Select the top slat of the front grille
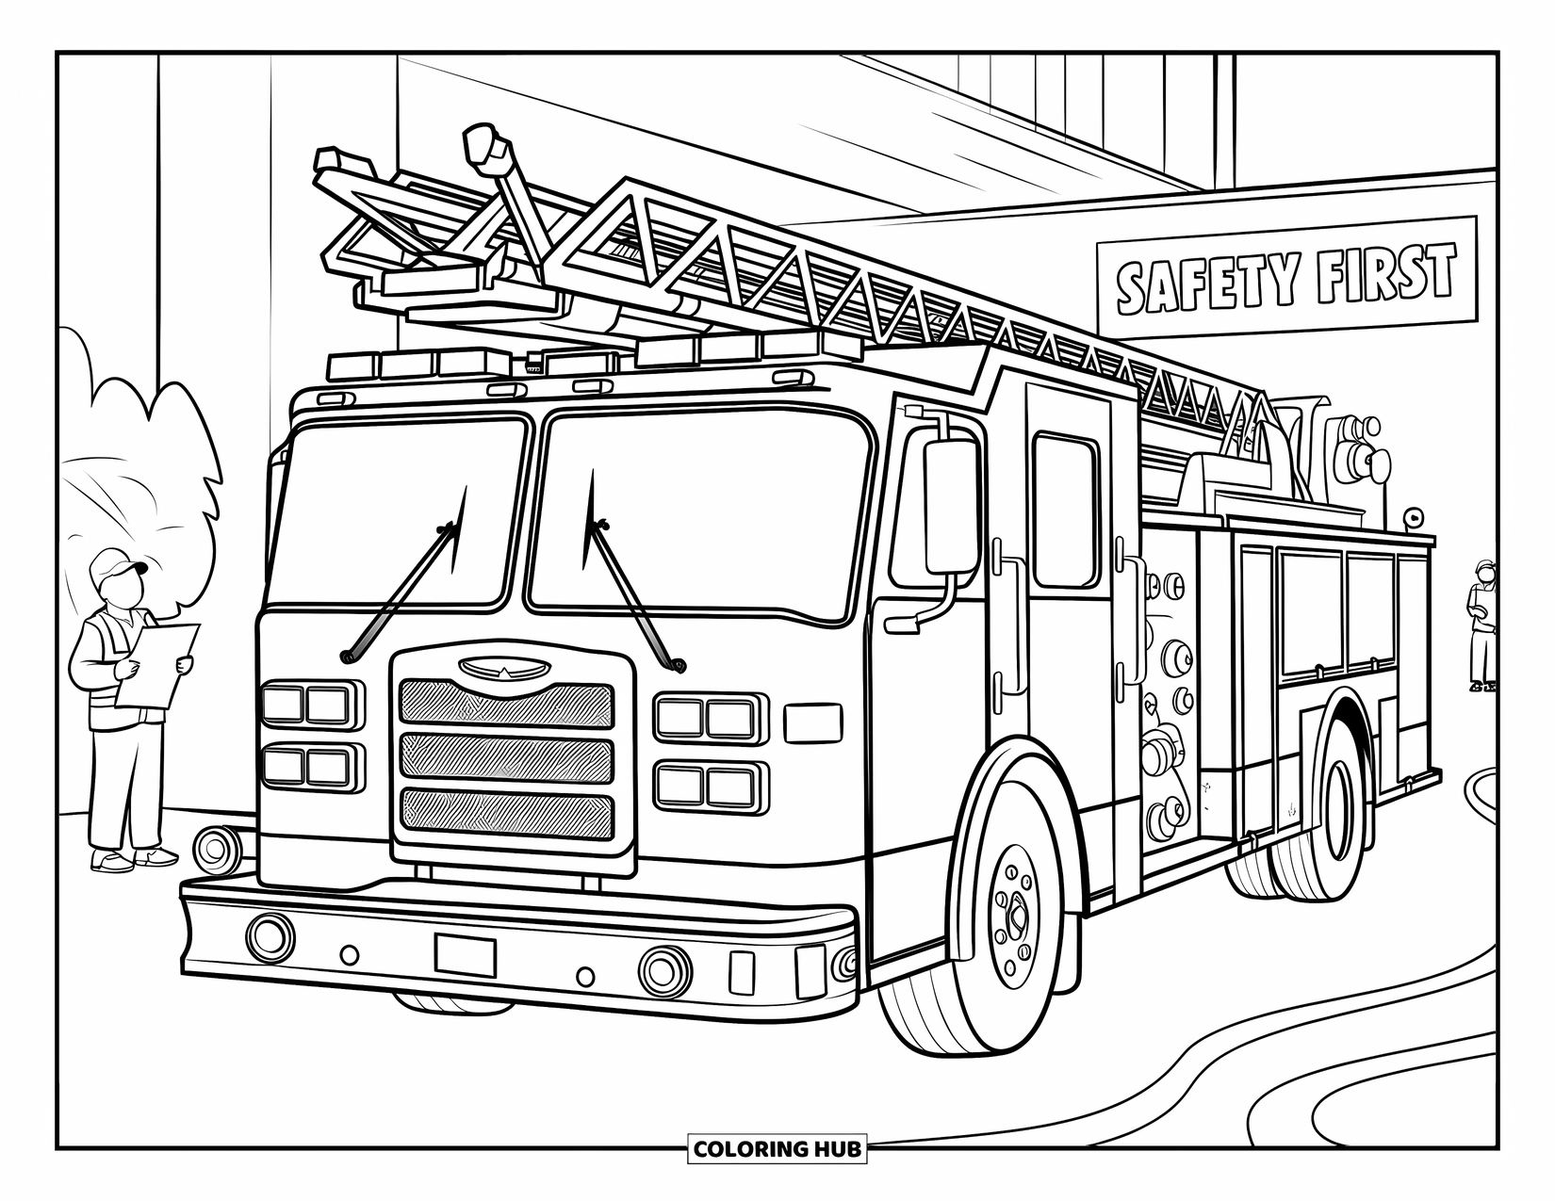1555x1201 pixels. pos(507,704)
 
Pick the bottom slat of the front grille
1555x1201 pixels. pos(507,813)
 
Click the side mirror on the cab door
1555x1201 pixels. pos(951,507)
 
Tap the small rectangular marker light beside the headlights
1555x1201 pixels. pos(813,723)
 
